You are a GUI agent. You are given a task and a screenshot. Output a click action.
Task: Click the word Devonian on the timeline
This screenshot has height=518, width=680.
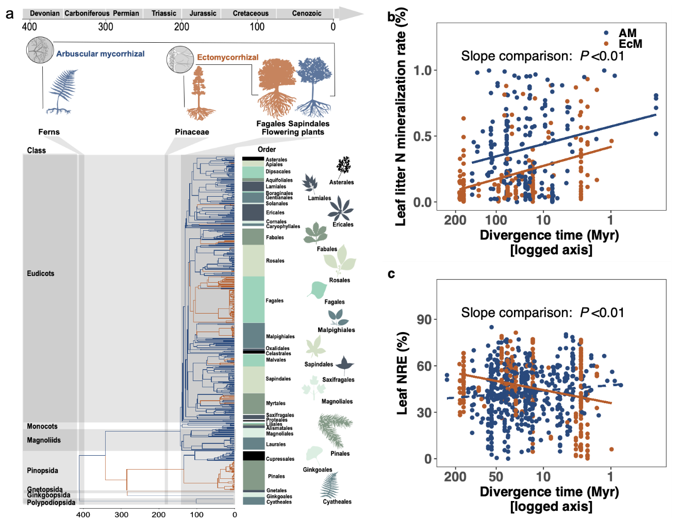click(x=45, y=13)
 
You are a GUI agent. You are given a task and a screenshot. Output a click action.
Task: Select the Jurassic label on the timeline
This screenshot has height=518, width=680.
click(x=203, y=13)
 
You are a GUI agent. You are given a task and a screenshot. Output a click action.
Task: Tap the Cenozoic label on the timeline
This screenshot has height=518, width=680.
click(x=307, y=13)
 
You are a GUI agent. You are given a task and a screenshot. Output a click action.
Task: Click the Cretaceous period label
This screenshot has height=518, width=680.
click(x=251, y=13)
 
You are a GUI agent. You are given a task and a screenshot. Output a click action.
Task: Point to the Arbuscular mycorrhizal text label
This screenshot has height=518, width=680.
click(x=100, y=54)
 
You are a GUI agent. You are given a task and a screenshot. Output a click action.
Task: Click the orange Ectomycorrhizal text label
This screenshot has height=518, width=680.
click(x=228, y=58)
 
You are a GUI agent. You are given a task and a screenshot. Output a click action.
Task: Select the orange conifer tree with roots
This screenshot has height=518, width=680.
click(x=200, y=95)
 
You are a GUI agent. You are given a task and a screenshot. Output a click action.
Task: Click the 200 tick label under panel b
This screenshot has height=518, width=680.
click(x=455, y=220)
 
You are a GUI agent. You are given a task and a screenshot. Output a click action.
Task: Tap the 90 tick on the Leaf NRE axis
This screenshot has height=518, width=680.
click(x=424, y=320)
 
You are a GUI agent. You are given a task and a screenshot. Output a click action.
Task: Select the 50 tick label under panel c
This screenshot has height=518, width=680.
click(x=496, y=477)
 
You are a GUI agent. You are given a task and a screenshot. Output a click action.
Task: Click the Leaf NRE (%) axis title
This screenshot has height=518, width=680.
click(x=403, y=373)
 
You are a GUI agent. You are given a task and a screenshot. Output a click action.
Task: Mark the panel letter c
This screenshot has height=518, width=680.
click(x=391, y=274)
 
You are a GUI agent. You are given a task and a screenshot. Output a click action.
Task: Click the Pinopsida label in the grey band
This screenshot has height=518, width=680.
click(x=43, y=471)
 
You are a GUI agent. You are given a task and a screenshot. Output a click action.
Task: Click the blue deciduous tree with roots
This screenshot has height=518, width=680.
click(x=312, y=87)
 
